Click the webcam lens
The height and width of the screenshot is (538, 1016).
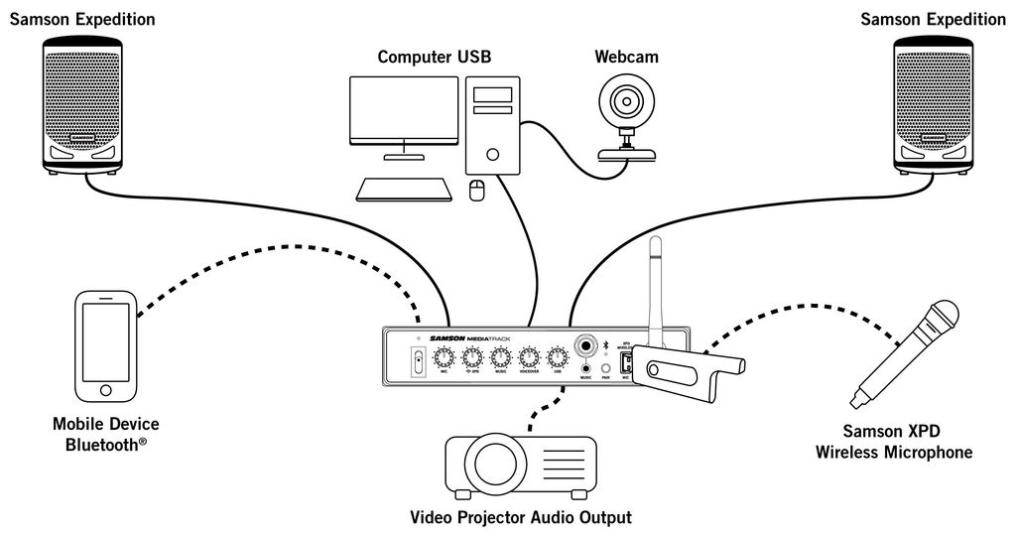click(626, 101)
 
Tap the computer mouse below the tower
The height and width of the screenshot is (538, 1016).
click(476, 190)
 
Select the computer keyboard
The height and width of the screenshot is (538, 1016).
click(405, 189)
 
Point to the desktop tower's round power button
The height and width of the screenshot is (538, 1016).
click(493, 154)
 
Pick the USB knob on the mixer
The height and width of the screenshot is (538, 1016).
click(557, 356)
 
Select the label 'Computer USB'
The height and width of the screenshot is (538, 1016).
click(434, 57)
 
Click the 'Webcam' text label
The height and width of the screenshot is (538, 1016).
click(626, 57)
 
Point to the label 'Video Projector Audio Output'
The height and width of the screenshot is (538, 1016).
click(520, 517)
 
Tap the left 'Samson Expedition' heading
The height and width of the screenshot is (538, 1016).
click(82, 19)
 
